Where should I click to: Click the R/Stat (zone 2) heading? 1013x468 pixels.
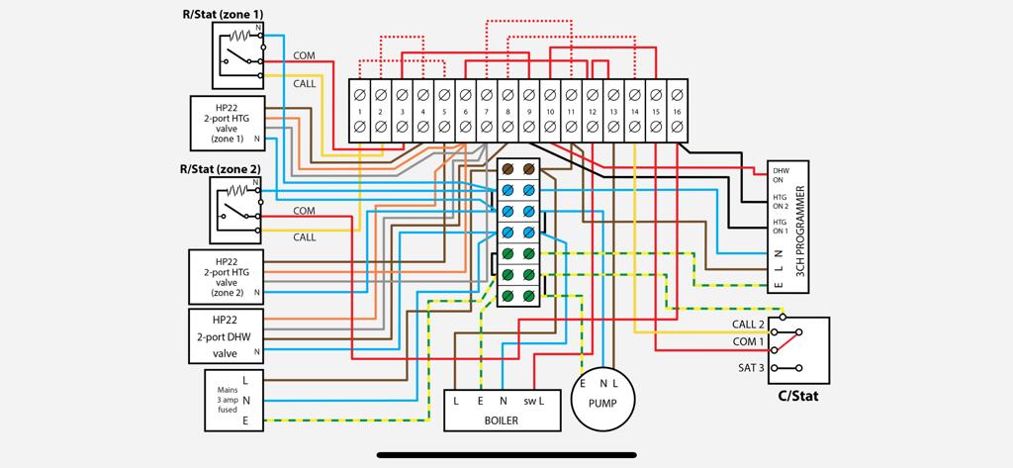[220, 169]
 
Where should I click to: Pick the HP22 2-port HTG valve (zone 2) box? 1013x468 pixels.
[227, 276]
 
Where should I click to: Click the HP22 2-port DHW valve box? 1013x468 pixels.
[227, 335]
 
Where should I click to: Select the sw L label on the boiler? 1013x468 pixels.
[535, 401]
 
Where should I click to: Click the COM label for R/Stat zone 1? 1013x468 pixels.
[304, 56]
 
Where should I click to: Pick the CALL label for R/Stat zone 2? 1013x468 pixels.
[304, 237]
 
